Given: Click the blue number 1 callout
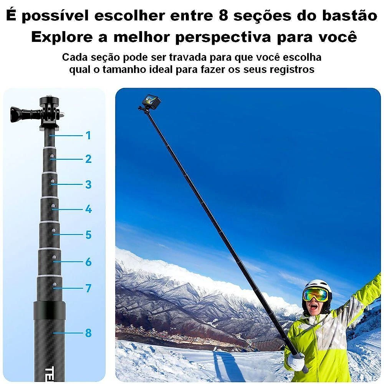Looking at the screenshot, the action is pos(88,136).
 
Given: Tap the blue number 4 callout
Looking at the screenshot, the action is pos(88,209).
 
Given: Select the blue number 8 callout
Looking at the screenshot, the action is pos(88,333).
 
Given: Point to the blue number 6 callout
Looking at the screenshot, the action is pos(88,262).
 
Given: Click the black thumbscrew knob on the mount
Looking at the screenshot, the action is pos(18,114).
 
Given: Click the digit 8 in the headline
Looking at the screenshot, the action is pos(223,16).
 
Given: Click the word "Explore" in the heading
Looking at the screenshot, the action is pos(62,37).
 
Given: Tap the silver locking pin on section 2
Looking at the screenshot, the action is pos(52,156).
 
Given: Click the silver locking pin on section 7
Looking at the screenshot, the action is pos(55,284).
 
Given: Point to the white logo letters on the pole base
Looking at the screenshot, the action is pos(50,374).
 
